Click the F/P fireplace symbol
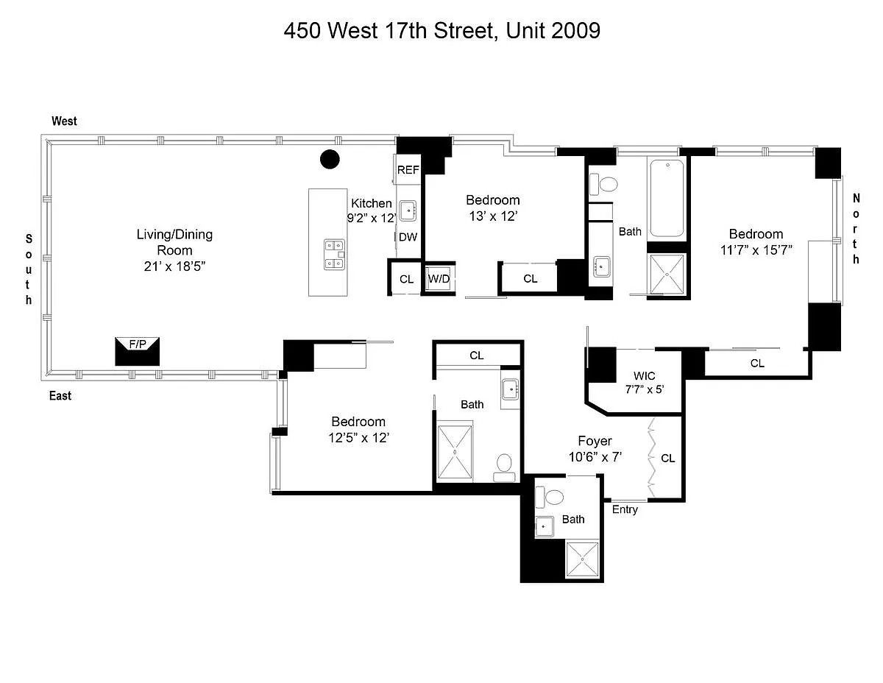click(137, 351)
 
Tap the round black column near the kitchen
click(330, 159)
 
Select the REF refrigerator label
click(408, 170)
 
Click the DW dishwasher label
click(408, 237)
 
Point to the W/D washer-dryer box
click(439, 279)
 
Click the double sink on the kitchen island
click(334, 255)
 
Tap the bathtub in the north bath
click(667, 198)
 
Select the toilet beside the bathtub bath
click(603, 184)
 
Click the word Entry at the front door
click(625, 509)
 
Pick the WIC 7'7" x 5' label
click(644, 382)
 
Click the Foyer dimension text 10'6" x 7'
click(595, 457)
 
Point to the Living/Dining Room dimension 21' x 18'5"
click(174, 266)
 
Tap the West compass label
click(64, 121)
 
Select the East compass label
click(60, 395)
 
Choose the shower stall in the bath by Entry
click(582, 559)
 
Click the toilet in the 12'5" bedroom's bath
click(504, 467)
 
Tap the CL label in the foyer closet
click(667, 459)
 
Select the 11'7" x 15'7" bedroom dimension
click(756, 250)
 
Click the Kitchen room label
click(372, 203)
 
